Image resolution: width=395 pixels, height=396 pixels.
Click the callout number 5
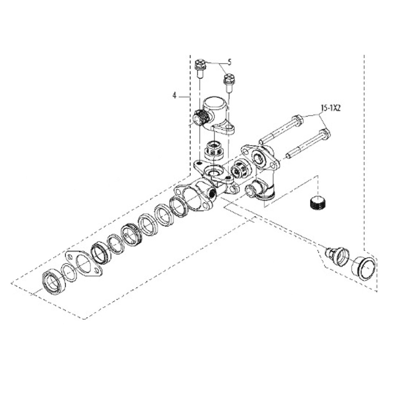tap(229, 62)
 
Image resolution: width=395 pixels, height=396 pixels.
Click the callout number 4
tap(174, 95)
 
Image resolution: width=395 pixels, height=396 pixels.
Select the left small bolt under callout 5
tap(200, 67)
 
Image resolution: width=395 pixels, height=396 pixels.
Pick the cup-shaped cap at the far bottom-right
tap(364, 268)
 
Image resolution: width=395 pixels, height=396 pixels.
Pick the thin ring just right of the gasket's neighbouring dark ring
tap(115, 244)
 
